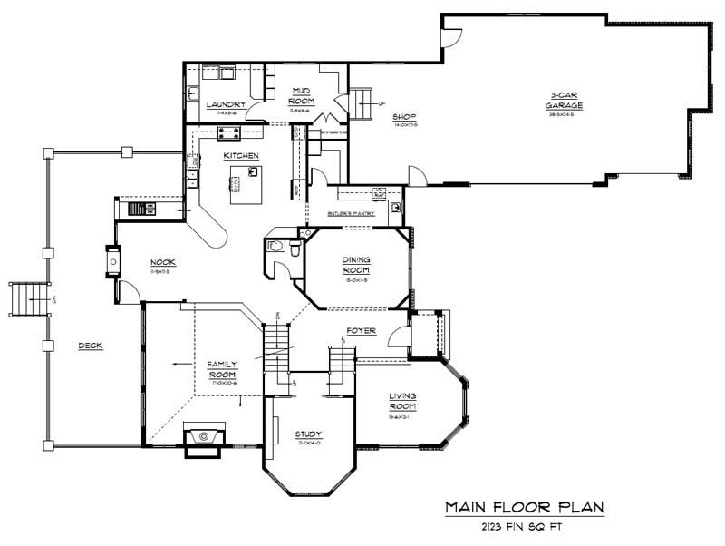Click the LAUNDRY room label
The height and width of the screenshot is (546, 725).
tap(226, 104)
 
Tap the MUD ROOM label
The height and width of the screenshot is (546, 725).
tap(302, 95)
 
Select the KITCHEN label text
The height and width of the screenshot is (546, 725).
tap(242, 156)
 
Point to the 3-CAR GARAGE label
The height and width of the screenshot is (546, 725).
tap(564, 100)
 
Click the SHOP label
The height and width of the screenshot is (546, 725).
tap(403, 117)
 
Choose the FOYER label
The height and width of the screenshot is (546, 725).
tap(361, 330)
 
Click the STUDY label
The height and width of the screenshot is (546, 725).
tap(308, 434)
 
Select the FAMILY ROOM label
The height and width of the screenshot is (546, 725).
tap(222, 368)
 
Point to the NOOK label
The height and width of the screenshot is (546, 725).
tap(163, 263)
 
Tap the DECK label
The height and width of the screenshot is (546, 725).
tap(89, 345)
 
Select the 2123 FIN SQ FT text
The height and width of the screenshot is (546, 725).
tap(524, 526)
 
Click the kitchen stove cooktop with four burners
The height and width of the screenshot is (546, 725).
tap(227, 133)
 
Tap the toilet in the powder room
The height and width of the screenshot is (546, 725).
tap(275, 246)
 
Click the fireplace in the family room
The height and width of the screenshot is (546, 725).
tap(205, 435)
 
